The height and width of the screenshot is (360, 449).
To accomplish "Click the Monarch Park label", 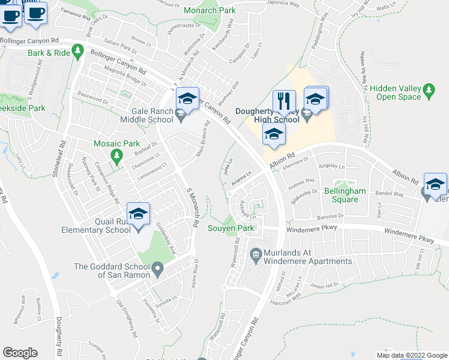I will [209, 10].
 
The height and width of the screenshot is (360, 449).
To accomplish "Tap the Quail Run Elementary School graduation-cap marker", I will [139, 214].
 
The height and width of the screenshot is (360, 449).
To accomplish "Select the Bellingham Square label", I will [340, 195].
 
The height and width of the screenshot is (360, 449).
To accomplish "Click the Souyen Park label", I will [232, 228].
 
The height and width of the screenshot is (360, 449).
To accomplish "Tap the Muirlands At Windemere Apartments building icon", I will [256, 254].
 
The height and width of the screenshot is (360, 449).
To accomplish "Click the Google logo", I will [20, 353].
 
